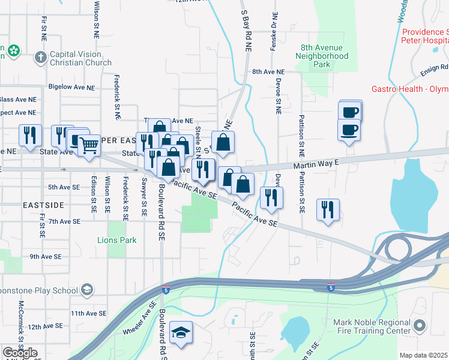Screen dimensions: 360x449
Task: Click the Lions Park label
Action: [x=117, y=240]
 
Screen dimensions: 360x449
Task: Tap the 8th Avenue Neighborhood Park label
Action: [x=324, y=56]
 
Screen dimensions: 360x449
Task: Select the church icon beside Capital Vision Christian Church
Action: [x=41, y=58]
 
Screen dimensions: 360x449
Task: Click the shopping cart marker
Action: [x=89, y=145]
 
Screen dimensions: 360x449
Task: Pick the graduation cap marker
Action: [x=180, y=333]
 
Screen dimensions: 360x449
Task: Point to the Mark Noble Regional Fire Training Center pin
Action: [x=419, y=326]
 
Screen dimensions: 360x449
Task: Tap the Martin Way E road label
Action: [x=316, y=163]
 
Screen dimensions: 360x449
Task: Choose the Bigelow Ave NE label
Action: [x=71, y=87]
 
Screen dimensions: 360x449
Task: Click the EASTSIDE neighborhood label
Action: [x=43, y=205]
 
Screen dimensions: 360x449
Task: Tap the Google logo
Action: [x=20, y=353]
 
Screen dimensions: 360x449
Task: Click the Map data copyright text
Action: [x=424, y=355]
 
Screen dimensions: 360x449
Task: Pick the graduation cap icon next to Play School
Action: [x=88, y=290]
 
